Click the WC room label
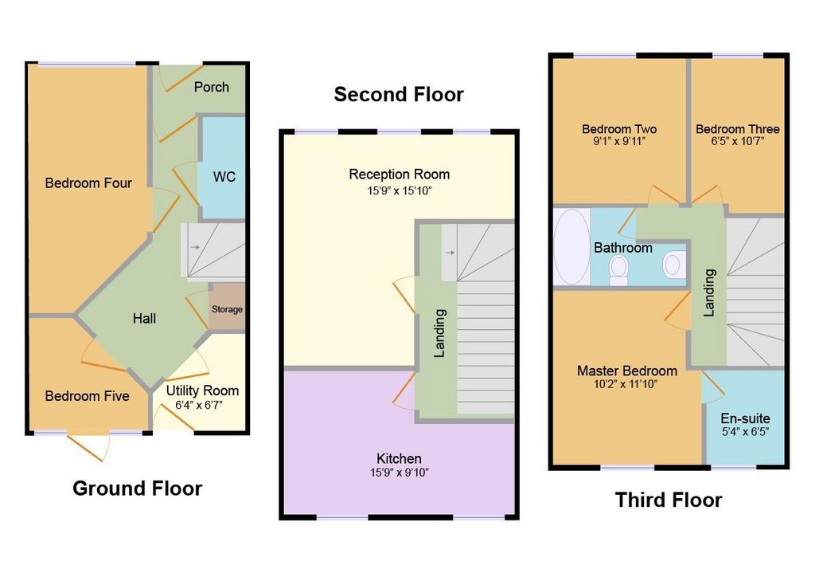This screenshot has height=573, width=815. click(224, 177)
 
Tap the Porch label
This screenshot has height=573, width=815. click(212, 87)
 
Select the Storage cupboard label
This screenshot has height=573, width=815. click(227, 309)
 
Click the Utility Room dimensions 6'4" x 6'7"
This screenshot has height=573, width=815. click(198, 405)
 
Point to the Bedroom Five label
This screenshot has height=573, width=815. click(88, 396)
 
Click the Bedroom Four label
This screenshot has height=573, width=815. click(88, 183)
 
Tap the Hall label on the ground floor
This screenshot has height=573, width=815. click(144, 319)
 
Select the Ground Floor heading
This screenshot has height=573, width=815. click(137, 489)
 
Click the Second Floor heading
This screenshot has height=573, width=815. click(399, 94)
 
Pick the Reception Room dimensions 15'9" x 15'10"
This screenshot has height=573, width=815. click(400, 190)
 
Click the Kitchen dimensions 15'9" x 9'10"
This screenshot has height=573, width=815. click(400, 473)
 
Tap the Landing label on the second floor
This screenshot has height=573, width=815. click(439, 333)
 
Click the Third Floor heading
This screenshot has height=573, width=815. click(669, 500)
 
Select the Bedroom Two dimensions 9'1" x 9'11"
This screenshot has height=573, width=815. click(619, 140)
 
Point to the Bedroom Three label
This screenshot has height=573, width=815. click(738, 129)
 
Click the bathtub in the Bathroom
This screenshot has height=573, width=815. click(571, 247)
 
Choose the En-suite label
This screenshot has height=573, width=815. click(745, 418)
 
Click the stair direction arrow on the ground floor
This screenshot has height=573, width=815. click(194, 247)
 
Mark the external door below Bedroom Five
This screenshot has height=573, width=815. click(89, 446)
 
